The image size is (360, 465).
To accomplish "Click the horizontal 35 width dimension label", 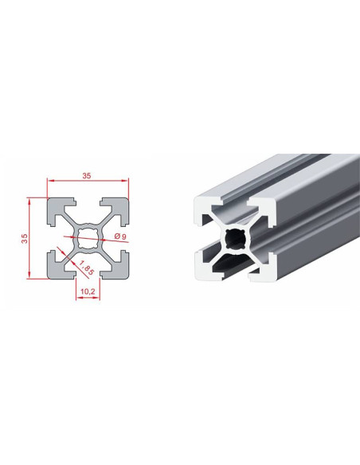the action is [87, 176].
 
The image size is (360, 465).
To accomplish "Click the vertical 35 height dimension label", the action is [25, 238].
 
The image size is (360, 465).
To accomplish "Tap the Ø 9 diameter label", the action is [120, 236].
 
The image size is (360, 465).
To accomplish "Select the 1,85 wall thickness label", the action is [86, 268].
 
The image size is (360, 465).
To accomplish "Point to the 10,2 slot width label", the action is [88, 291].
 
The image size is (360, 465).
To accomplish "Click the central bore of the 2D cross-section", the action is [88, 238].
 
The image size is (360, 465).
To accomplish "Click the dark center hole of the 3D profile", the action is [235, 239].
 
